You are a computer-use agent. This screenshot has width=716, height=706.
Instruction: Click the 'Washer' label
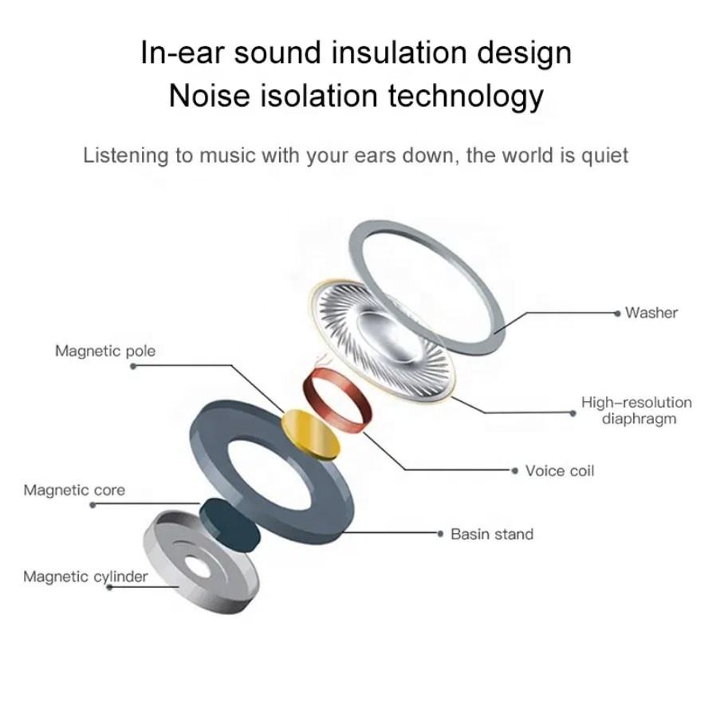651,313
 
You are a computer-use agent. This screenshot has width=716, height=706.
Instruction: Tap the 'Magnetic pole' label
105,351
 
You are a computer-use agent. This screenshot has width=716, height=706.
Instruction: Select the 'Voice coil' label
560,471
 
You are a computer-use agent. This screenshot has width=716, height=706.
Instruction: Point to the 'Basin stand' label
492,534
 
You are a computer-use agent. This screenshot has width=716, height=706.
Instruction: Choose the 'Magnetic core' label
74,490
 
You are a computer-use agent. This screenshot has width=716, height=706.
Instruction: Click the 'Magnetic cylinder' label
85,576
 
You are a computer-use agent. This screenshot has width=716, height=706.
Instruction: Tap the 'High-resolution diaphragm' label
636,410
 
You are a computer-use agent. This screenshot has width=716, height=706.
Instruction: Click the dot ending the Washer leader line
618,314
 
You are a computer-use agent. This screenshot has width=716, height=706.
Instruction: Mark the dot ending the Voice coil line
517,471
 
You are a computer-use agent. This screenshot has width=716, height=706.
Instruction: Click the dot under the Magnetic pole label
132,366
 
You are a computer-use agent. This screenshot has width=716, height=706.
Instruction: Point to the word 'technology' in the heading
466,95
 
